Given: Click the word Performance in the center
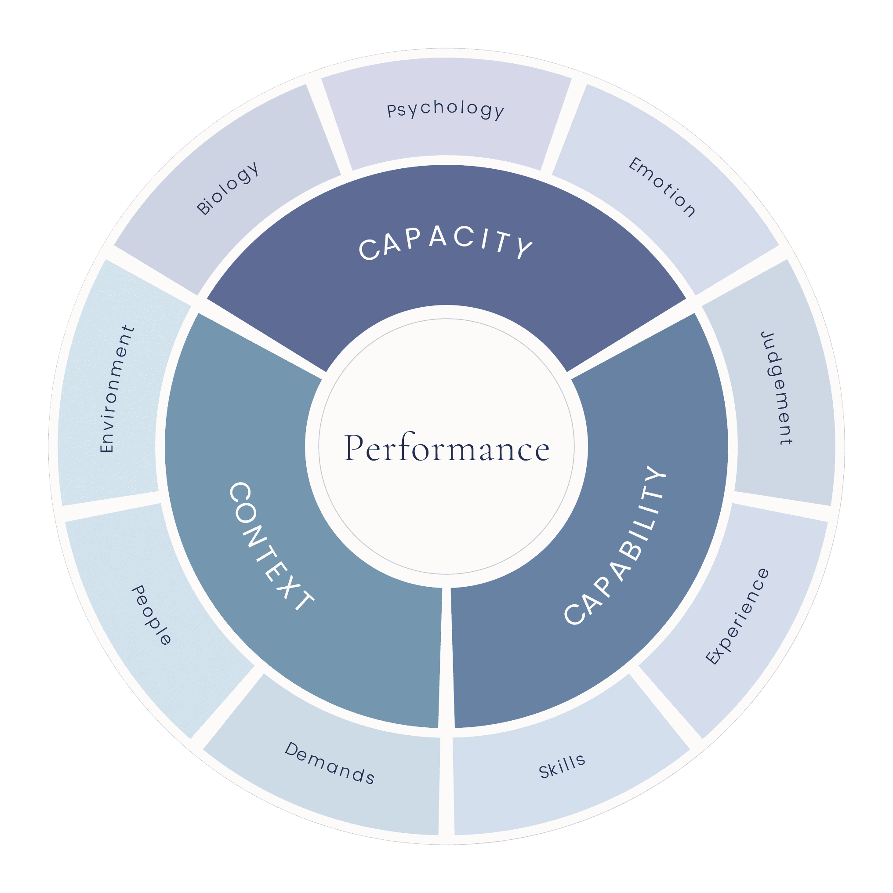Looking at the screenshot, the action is [x=446, y=447].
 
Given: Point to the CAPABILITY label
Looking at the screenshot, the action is [x=615, y=545].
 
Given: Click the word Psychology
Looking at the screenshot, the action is [x=446, y=109].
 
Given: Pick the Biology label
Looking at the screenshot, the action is [x=227, y=188].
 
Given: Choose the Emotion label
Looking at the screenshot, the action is [x=662, y=187].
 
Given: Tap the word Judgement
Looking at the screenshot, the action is [x=777, y=388].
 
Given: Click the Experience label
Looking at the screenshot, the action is [x=738, y=617].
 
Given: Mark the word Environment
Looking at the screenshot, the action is [x=117, y=388].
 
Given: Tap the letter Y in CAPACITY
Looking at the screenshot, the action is [x=525, y=248].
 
